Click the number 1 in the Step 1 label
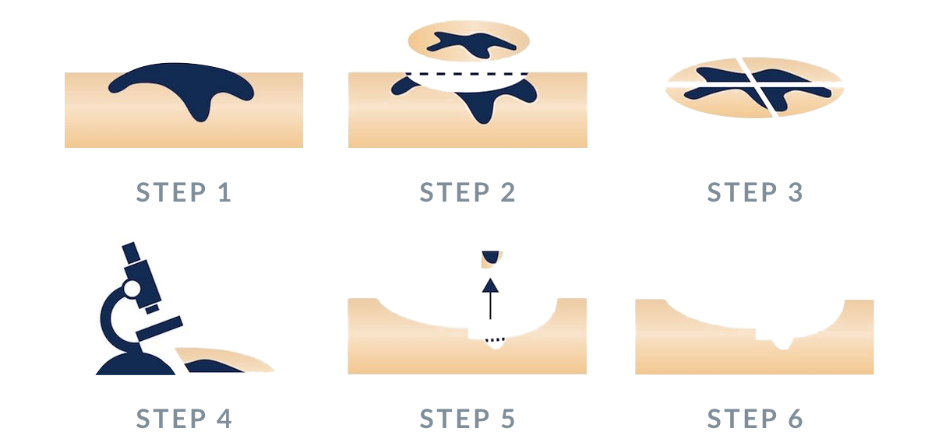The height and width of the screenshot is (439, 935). pyautogui.click(x=224, y=191)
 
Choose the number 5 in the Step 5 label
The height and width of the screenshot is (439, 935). pyautogui.click(x=507, y=419)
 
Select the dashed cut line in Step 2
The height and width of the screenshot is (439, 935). pyautogui.click(x=467, y=75)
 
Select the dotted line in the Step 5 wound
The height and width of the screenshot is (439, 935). pyautogui.click(x=493, y=340)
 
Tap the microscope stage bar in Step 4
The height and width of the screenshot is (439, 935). pyautogui.click(x=159, y=328)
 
